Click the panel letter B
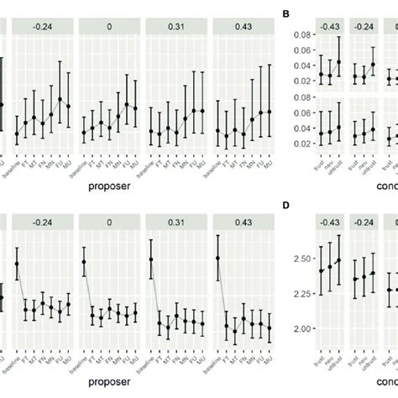(x=286, y=13)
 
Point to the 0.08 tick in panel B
(x=297, y=35)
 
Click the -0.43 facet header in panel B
(x=330, y=27)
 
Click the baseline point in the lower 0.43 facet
(x=217, y=259)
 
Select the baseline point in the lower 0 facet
(x=84, y=262)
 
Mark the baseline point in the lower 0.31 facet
(x=151, y=259)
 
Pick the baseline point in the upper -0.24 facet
(x=18, y=134)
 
